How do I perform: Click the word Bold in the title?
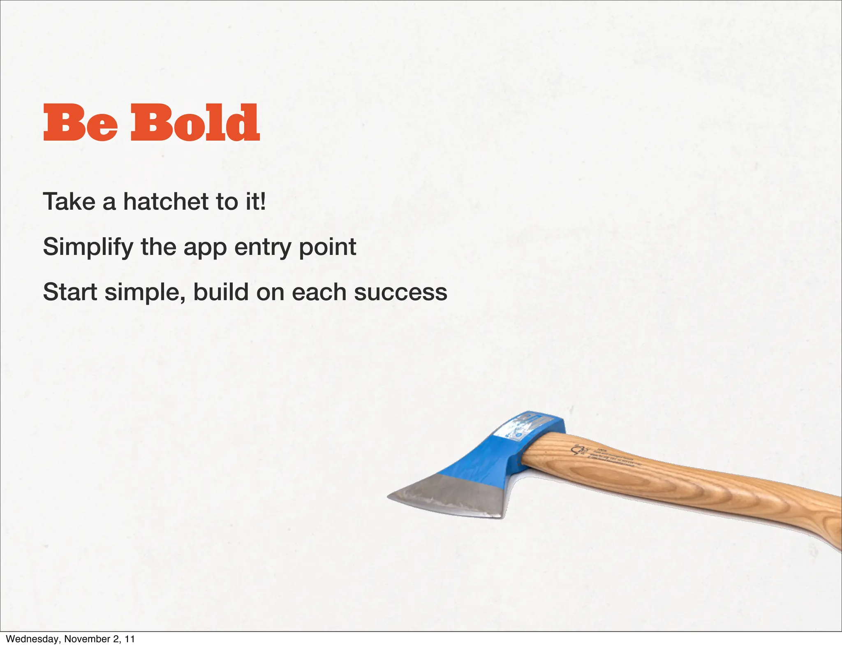[195, 122]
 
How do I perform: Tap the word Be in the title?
[81, 123]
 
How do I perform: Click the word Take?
[69, 201]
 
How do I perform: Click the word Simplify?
[88, 248]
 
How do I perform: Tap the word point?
[327, 248]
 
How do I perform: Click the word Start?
[70, 292]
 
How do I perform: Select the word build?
[221, 292]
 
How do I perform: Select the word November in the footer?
[84, 639]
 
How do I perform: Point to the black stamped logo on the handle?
[579, 450]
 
